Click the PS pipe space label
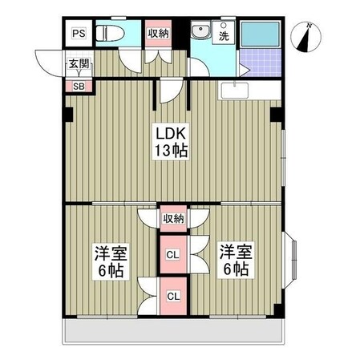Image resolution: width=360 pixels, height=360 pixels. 79,34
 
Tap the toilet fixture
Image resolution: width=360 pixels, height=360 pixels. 110,33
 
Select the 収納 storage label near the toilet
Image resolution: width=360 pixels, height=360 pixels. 159,34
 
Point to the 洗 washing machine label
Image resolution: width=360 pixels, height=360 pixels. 224,36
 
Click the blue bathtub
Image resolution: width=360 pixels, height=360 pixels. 260,34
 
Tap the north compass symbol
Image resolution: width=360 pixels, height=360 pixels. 306,38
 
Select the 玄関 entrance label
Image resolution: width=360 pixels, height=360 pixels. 79,63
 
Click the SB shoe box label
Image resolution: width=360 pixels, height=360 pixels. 79,87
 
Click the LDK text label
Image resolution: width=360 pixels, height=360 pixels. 171,133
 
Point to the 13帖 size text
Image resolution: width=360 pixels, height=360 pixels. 171,151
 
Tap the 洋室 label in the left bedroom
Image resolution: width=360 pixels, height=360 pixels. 111,253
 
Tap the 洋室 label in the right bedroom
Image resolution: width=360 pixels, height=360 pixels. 236,252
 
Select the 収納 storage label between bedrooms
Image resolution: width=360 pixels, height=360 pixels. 173,219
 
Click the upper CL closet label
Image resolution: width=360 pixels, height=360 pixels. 172,255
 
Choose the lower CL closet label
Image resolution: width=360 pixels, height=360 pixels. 173,296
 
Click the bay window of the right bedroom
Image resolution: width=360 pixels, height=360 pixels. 289,260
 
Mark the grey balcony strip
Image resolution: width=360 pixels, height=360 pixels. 173,330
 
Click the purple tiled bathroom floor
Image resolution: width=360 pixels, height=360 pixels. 261,63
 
